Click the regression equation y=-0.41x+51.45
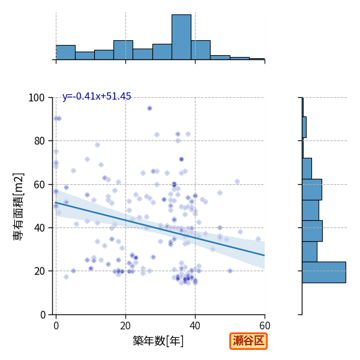pos(97,96)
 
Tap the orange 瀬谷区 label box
pos(248,341)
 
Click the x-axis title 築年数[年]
pos(158,341)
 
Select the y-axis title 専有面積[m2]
pos(19,207)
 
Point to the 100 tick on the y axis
pos(37,98)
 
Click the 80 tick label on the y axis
pos(39,141)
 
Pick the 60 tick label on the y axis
pos(39,185)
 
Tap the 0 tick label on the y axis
pos(43,315)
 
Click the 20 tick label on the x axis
pos(125,326)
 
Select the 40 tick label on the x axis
pos(195,326)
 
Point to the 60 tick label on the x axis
pos(265,326)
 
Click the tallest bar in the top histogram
pos(181,37)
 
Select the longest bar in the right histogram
pos(324,272)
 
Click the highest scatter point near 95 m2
pos(149,109)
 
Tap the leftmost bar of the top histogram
pos(65,52)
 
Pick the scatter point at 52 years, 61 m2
pos(237,182)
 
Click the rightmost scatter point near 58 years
pos(258,239)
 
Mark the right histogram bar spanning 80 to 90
pos(304,127)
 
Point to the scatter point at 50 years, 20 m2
pos(230,271)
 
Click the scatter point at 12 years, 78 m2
pos(97,145)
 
